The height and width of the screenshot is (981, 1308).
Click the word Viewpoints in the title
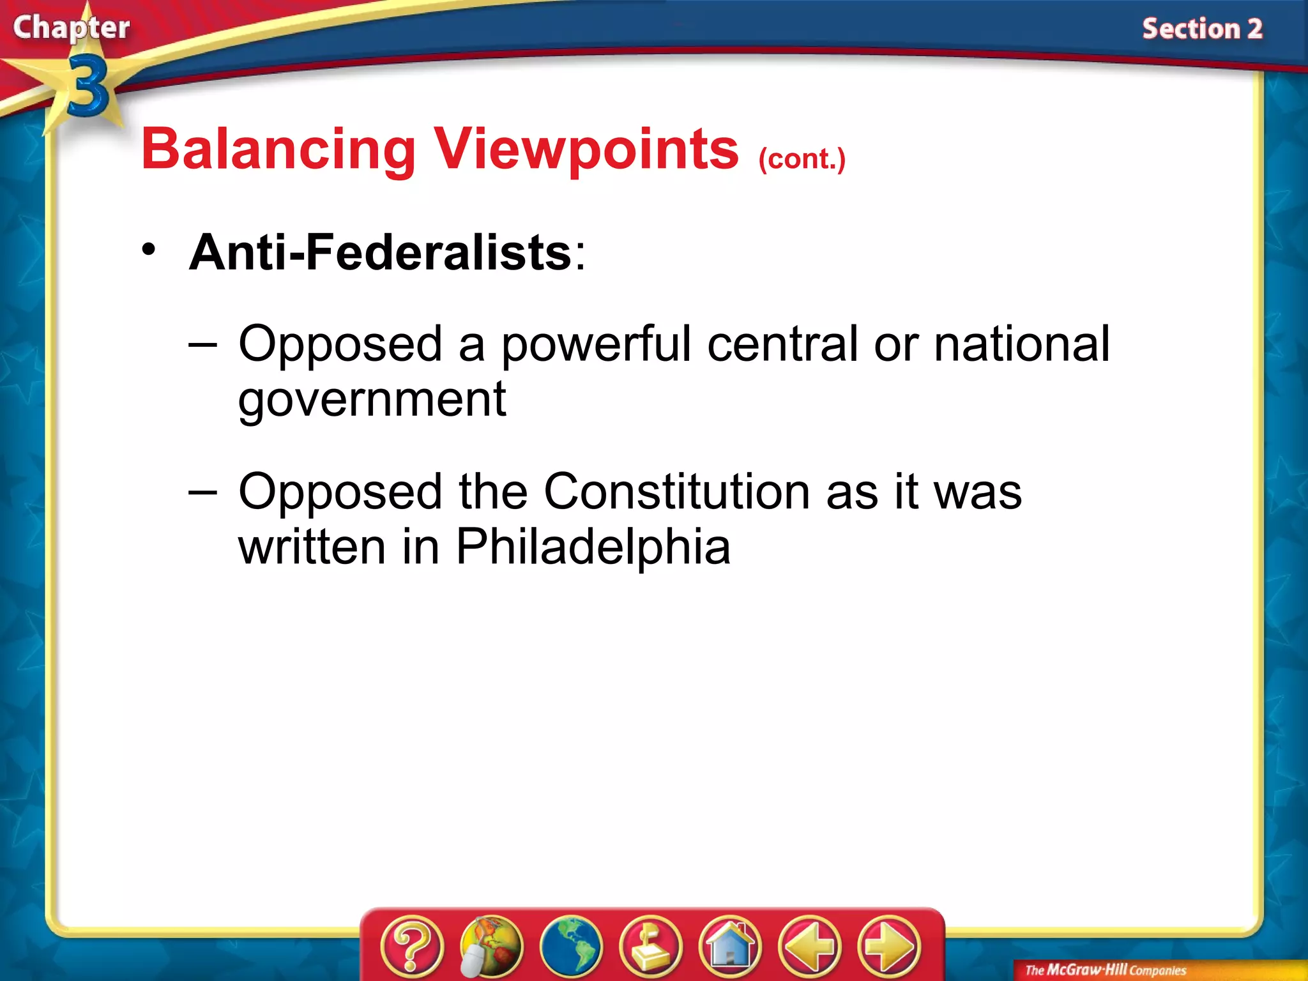(586, 150)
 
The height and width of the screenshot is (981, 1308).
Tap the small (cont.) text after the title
(802, 158)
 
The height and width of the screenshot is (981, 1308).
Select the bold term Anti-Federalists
(380, 252)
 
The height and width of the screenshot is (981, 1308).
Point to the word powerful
(596, 345)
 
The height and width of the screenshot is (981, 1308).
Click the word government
(372, 400)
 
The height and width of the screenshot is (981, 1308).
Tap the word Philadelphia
(593, 547)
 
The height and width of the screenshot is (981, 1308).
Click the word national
(1021, 345)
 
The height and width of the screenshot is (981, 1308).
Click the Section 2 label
(1202, 29)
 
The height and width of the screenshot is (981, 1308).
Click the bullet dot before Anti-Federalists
(149, 250)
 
